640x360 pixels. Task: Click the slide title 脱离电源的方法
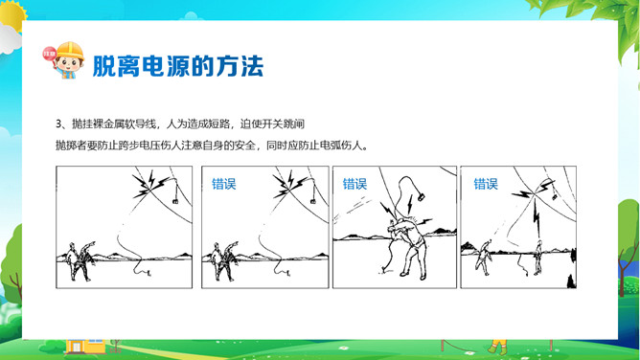click(x=178, y=66)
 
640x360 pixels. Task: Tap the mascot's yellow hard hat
click(x=70, y=51)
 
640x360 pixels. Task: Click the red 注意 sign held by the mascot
click(x=49, y=54)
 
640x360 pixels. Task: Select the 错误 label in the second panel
click(x=223, y=184)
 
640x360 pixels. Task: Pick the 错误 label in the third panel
click(x=354, y=184)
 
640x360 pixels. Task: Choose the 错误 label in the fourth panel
click(x=486, y=184)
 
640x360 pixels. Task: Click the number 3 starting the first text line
click(x=58, y=124)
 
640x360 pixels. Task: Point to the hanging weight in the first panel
click(x=175, y=201)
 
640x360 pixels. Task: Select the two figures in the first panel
click(x=82, y=261)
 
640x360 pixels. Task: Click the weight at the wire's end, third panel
click(x=421, y=196)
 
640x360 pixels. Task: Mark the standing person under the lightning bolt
click(x=538, y=257)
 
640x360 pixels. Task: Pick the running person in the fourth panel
click(x=483, y=258)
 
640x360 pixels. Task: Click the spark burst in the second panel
click(x=289, y=185)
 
